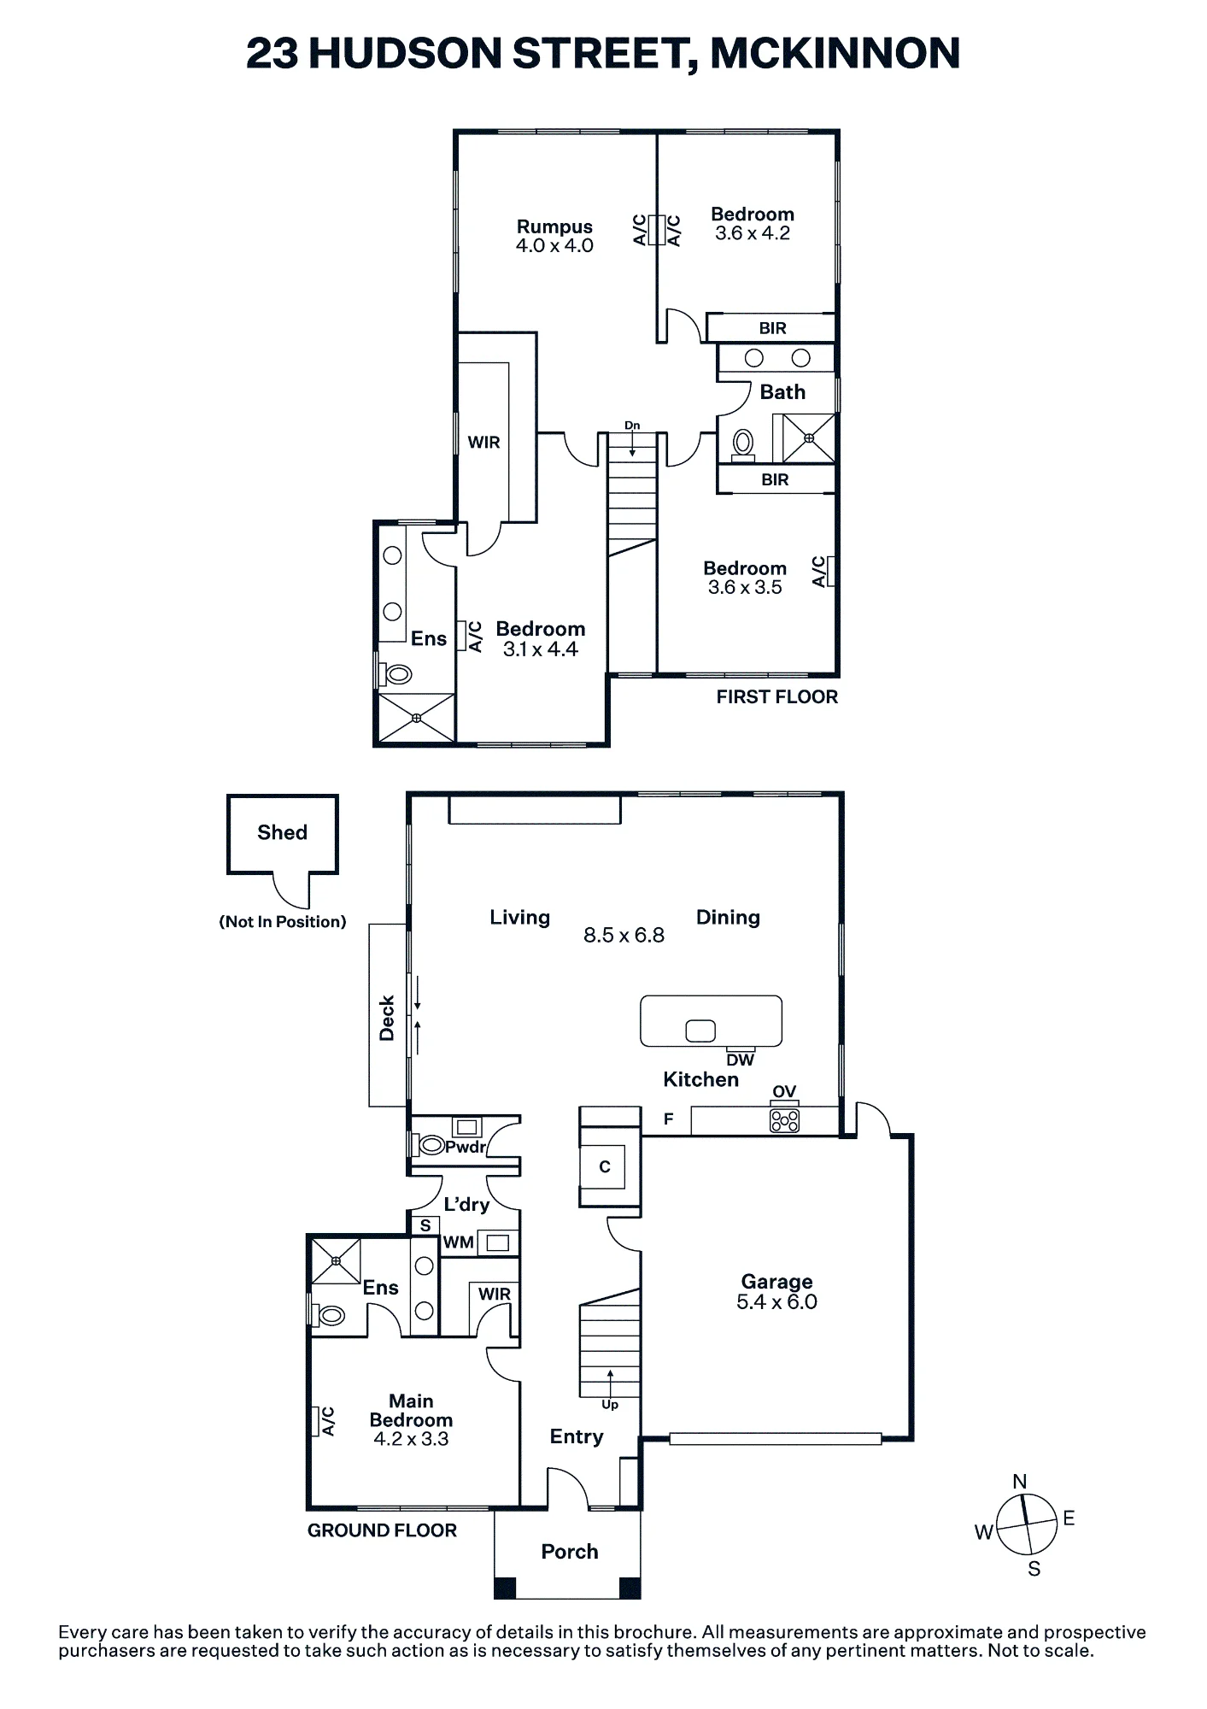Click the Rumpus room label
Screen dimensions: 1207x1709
click(554, 226)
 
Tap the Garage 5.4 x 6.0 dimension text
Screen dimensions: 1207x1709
click(776, 1301)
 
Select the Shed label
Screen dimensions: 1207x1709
click(282, 832)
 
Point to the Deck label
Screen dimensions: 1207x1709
click(387, 1018)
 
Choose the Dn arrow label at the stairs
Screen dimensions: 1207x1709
click(632, 426)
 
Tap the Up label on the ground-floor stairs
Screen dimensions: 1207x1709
click(610, 1404)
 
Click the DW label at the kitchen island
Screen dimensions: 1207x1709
click(741, 1060)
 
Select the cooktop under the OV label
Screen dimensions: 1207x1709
click(785, 1119)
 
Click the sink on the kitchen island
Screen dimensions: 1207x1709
click(700, 1031)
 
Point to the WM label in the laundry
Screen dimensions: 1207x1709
click(459, 1242)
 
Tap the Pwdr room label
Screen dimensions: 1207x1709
click(465, 1147)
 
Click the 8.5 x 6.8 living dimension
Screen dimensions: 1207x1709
click(624, 935)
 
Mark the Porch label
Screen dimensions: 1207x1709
click(570, 1551)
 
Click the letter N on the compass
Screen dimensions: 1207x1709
click(1019, 1482)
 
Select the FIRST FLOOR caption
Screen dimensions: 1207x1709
click(776, 696)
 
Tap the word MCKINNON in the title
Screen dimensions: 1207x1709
click(835, 53)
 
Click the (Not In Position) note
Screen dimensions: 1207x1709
click(283, 921)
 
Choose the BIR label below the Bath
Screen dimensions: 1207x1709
click(775, 479)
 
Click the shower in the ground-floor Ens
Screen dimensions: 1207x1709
click(336, 1260)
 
